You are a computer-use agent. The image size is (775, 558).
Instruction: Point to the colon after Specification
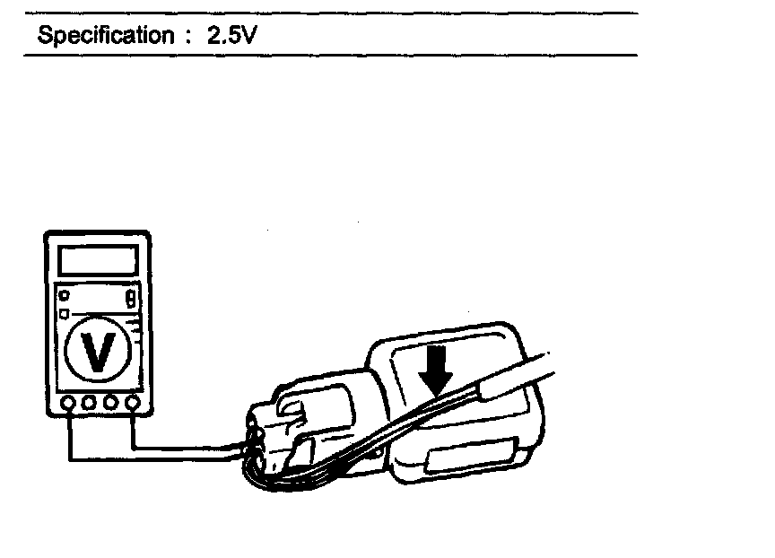coord(189,38)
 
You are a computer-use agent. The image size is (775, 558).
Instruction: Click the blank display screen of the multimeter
coord(97,260)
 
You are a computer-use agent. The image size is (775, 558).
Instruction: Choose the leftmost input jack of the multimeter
coord(68,404)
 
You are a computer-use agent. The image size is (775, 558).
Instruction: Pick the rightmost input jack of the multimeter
coord(133,404)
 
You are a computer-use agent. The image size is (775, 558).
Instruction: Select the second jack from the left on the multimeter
coord(90,404)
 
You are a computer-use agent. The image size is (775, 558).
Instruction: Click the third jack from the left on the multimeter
coord(111,404)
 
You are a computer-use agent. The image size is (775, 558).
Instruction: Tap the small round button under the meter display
coord(64,295)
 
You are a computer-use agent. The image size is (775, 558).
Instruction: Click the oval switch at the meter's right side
coord(131,296)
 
